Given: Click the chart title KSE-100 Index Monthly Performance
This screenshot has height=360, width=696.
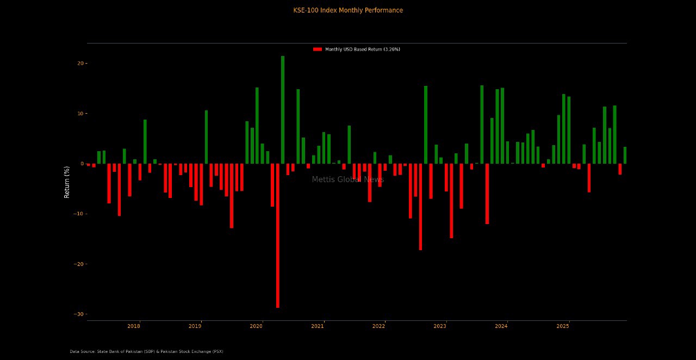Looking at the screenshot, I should (x=348, y=10).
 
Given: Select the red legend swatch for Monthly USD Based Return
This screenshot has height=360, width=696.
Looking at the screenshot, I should (x=318, y=49).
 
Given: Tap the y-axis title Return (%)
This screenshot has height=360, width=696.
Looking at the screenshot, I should (x=67, y=182).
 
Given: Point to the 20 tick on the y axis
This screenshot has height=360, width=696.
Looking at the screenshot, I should (x=80, y=64).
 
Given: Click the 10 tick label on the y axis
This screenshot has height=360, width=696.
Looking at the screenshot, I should (x=80, y=114).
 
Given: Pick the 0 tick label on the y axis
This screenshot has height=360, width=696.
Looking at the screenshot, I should (x=82, y=164).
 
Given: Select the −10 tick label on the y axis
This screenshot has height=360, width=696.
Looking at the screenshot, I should (x=78, y=214).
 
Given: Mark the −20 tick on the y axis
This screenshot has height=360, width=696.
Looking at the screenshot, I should (x=78, y=264).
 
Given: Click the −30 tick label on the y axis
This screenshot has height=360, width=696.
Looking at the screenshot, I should (x=78, y=314).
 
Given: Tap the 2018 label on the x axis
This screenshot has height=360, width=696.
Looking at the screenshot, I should (x=134, y=326).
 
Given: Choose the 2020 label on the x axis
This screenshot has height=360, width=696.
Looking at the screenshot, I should (x=256, y=326).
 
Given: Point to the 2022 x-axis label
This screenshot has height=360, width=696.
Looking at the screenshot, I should (x=379, y=326).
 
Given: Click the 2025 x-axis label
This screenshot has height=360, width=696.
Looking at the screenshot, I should (x=563, y=326).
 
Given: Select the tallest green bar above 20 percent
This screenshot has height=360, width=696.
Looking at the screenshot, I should (x=283, y=109).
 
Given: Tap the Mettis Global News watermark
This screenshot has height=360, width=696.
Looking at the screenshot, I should (x=348, y=180).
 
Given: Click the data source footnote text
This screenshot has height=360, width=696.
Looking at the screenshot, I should (x=146, y=352).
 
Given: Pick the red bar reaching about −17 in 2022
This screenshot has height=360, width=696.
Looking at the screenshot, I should (x=420, y=207).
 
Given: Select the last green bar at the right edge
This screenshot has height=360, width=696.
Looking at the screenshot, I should (x=625, y=156).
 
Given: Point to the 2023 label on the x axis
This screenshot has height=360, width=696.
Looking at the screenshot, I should (x=440, y=326).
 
